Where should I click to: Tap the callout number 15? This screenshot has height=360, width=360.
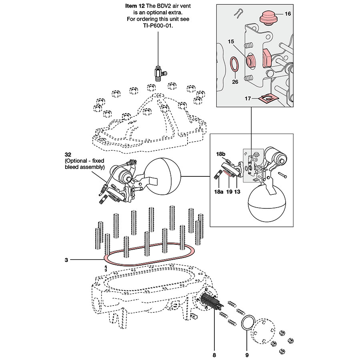point(231,41)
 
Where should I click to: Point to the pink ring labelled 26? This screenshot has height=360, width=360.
point(235,65)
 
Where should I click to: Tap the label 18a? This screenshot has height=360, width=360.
point(218,192)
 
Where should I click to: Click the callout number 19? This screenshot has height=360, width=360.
point(229,192)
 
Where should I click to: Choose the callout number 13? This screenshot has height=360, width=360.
point(237,192)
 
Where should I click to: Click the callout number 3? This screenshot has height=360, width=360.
point(66,260)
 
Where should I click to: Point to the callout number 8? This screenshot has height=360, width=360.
point(214,355)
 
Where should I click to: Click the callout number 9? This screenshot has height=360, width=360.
point(247,355)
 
